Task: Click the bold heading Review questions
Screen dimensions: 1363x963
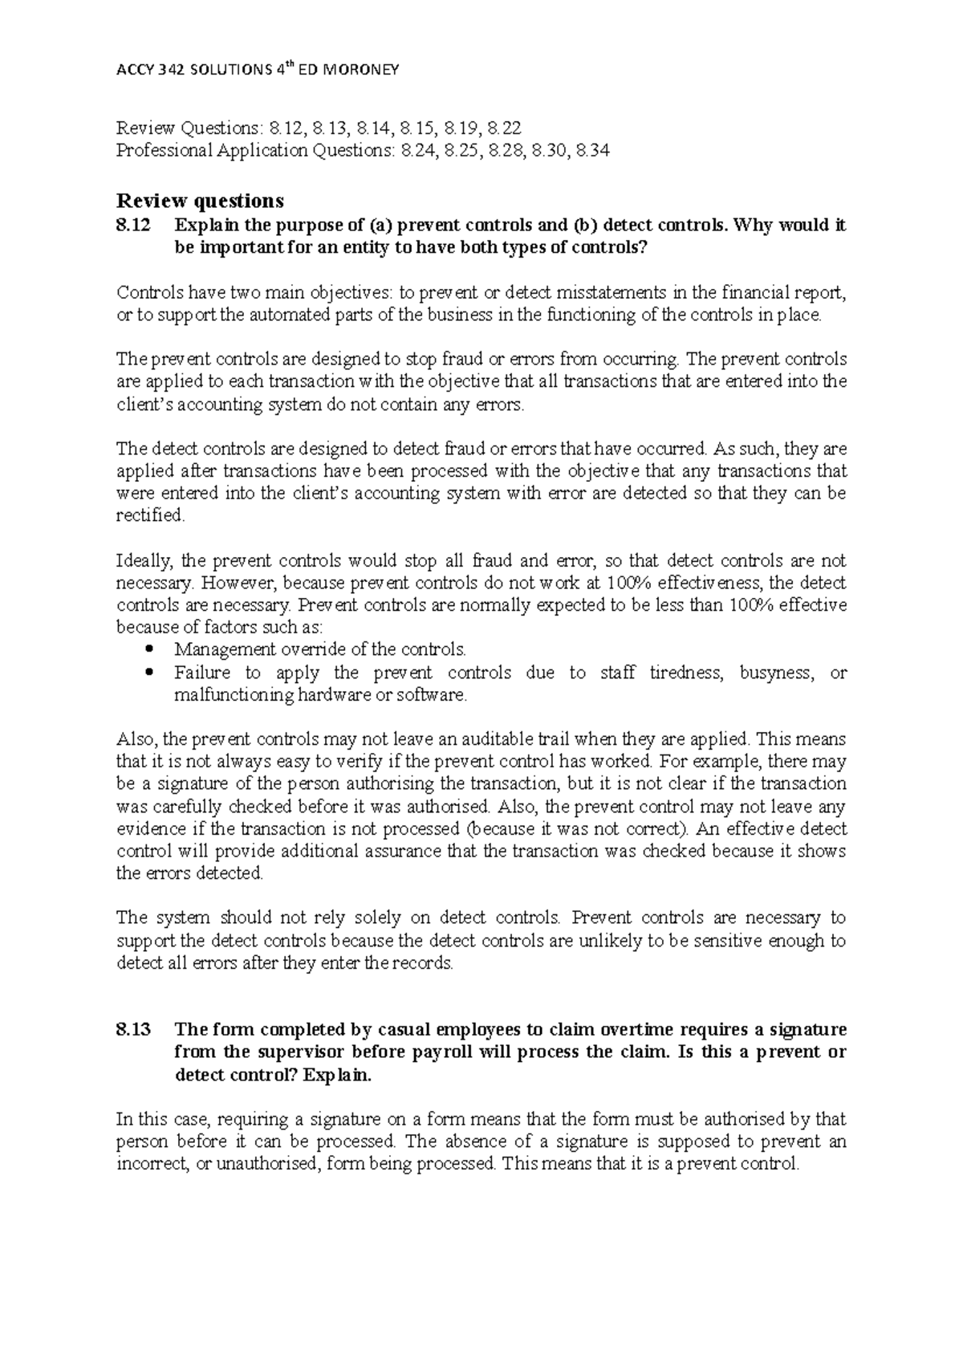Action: pyautogui.click(x=200, y=200)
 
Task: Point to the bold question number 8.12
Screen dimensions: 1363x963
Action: pyautogui.click(x=133, y=226)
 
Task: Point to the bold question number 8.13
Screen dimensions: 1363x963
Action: pyautogui.click(x=133, y=1030)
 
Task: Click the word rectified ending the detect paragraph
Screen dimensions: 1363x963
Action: pyautogui.click(x=151, y=515)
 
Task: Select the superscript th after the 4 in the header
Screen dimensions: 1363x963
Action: pyautogui.click(x=285, y=65)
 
